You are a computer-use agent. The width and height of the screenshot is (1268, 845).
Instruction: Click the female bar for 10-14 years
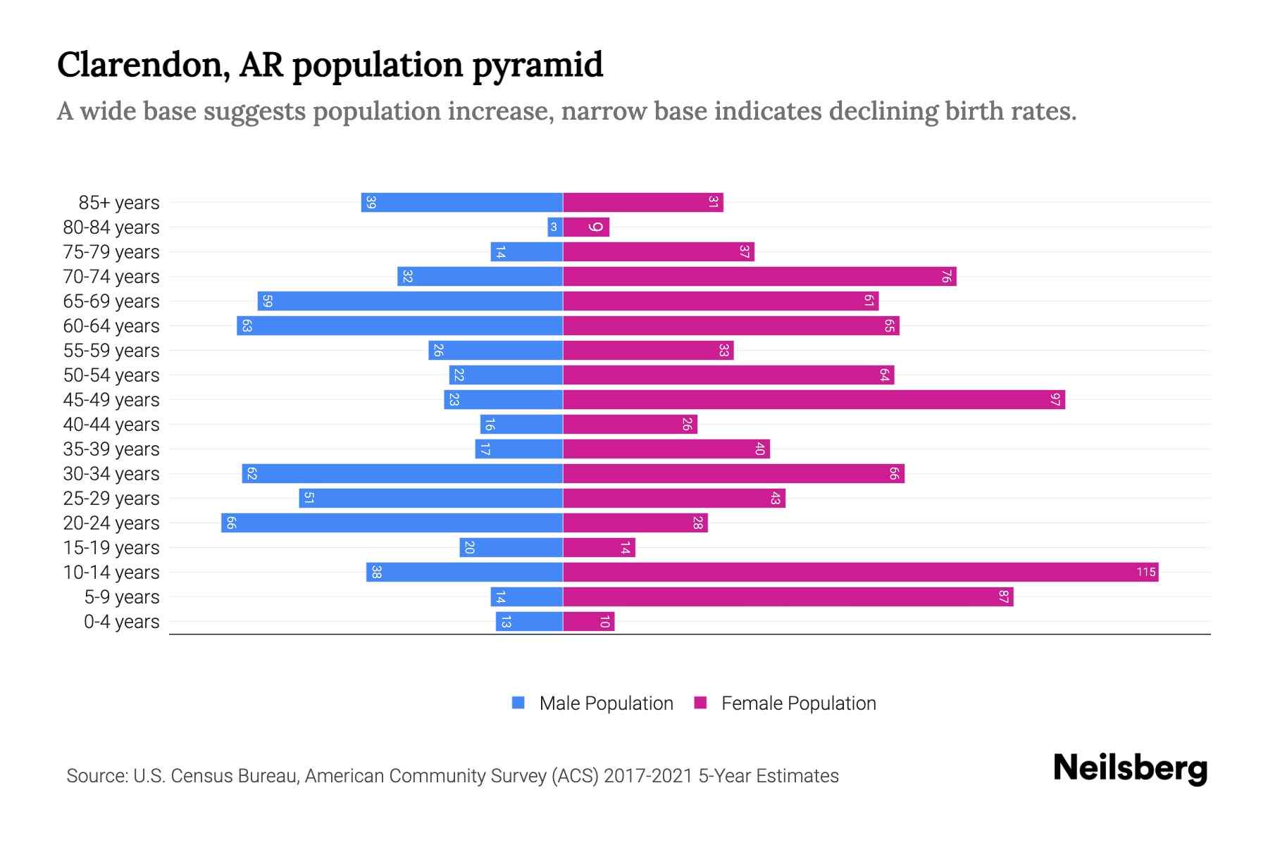[x=859, y=572]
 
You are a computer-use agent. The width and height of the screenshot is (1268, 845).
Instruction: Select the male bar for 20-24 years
[x=392, y=523]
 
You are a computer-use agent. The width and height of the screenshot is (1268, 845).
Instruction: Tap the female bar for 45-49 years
[x=814, y=400]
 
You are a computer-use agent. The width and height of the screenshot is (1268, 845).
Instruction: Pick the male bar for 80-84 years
[x=555, y=227]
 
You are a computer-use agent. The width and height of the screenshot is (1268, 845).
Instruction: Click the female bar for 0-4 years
[x=588, y=622]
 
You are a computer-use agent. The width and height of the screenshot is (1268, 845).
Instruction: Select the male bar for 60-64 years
[x=399, y=326]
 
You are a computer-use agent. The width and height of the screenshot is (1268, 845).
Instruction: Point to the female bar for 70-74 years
[x=759, y=277]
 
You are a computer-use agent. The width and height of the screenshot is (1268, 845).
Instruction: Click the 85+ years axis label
[x=119, y=203]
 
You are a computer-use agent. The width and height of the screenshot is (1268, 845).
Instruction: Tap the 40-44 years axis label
[x=111, y=425]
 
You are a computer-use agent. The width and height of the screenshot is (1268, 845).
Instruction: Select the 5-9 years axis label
[x=122, y=597]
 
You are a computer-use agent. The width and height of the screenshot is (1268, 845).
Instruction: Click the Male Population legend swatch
[x=518, y=703]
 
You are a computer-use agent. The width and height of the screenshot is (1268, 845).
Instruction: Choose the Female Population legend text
[x=798, y=703]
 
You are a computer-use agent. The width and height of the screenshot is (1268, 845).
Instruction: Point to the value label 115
[x=1146, y=572]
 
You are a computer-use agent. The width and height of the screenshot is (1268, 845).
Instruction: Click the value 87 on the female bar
[x=1004, y=597]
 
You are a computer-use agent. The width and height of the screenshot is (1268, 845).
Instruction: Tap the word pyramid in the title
[x=537, y=65]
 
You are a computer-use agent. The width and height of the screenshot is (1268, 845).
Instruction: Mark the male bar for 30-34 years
[x=402, y=474]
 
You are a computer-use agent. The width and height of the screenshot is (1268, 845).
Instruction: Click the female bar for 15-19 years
[x=599, y=548]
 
